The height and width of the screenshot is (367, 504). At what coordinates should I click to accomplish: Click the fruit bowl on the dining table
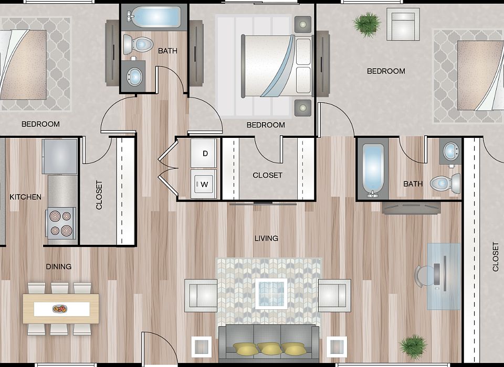pos(60,309)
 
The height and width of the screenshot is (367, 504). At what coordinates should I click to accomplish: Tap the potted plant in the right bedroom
pos(366,24)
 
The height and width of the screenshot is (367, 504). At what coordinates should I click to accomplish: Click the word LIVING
pos(266,239)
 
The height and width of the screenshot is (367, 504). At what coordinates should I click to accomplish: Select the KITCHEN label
pos(25,197)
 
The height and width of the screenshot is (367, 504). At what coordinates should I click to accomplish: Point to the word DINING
pos(58,266)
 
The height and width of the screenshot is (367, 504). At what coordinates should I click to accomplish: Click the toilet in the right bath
pos(444,183)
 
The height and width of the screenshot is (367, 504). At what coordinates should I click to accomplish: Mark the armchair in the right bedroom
pos(403,25)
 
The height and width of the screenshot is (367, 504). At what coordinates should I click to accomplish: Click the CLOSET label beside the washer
pos(267,175)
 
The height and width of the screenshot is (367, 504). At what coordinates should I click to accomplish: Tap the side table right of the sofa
pos(336,346)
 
